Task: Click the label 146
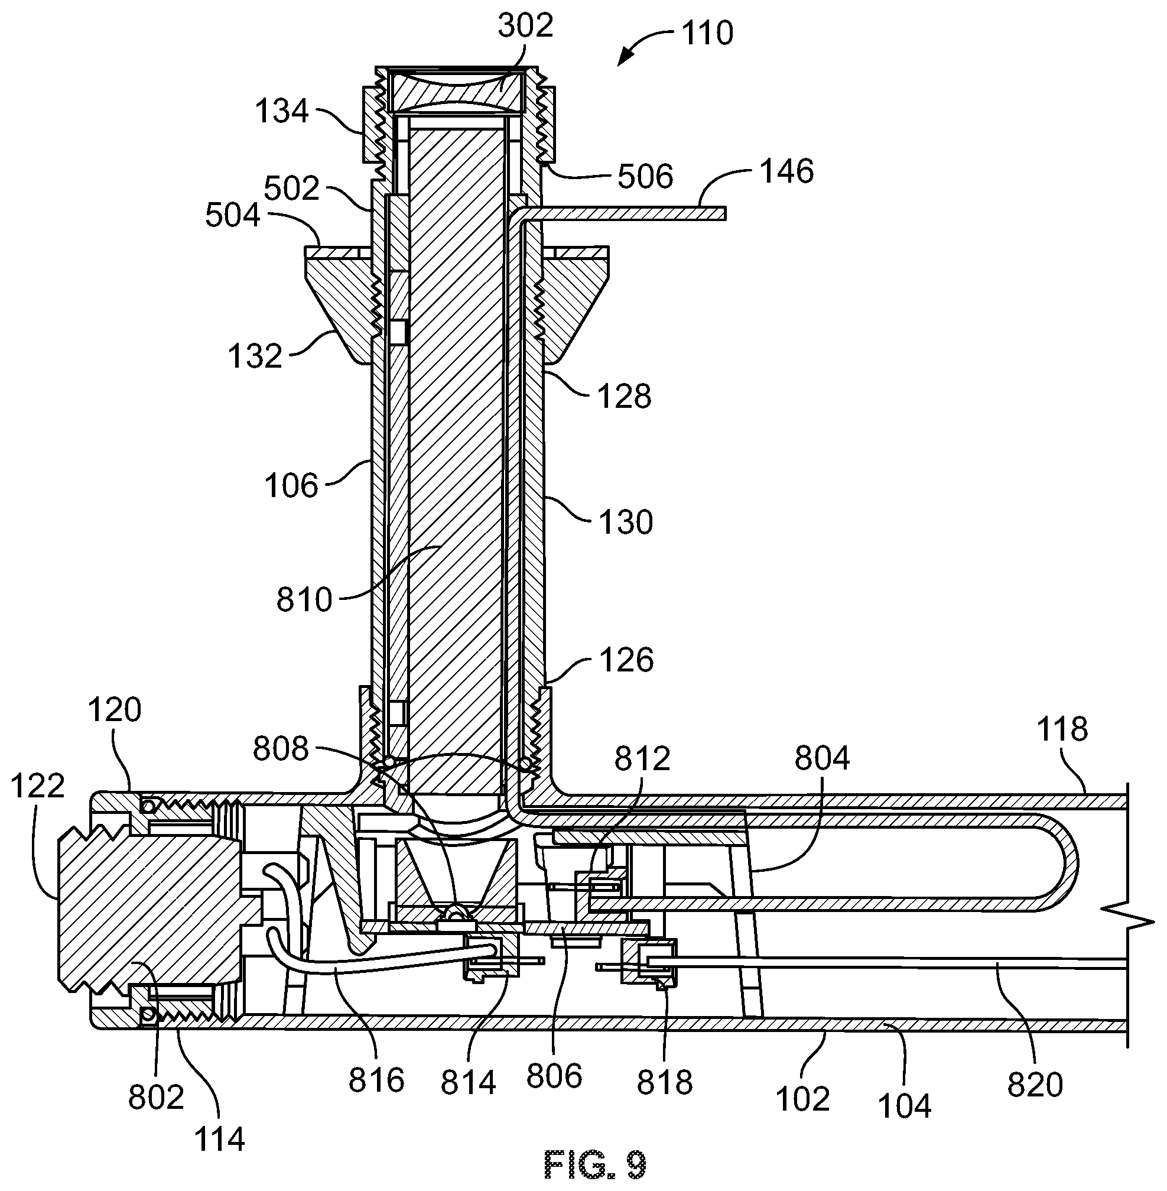pos(787,171)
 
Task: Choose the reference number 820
pos(1035,1085)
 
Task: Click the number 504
pos(232,216)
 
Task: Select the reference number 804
pos(822,758)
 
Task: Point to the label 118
pos(1062,729)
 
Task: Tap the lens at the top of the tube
pos(459,90)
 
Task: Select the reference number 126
pos(626,660)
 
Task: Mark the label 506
pos(645,176)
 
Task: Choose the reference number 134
pos(281,111)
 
